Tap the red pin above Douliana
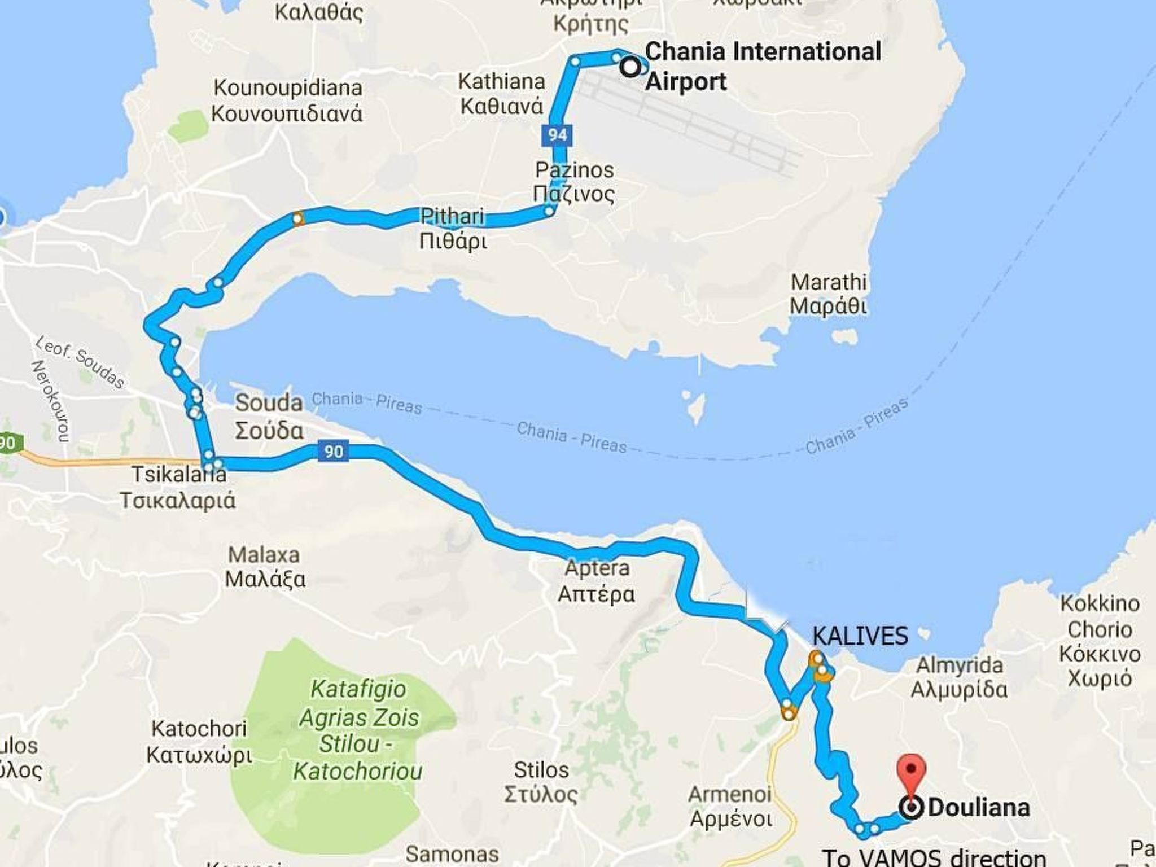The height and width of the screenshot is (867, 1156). pyautogui.click(x=910, y=771)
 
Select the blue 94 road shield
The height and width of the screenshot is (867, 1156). pyautogui.click(x=557, y=135)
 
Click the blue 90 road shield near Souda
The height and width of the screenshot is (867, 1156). pyautogui.click(x=333, y=452)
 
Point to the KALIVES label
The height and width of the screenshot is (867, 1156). pyautogui.click(x=860, y=636)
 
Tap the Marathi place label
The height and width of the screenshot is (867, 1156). pyautogui.click(x=828, y=294)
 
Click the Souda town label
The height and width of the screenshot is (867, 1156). pyautogui.click(x=269, y=417)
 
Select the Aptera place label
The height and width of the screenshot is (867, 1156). pyautogui.click(x=597, y=581)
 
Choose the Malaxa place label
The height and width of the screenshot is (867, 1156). pyautogui.click(x=265, y=567)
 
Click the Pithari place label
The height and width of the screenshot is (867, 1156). pyautogui.click(x=453, y=229)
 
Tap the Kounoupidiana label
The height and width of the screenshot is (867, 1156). pyautogui.click(x=287, y=100)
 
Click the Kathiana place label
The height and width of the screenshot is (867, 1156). pyautogui.click(x=501, y=94)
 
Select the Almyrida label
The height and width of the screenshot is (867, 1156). pyautogui.click(x=959, y=677)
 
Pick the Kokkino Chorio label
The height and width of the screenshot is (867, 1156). pyautogui.click(x=1100, y=640)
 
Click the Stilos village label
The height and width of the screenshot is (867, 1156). pyautogui.click(x=541, y=782)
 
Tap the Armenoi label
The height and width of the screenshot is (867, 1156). pyautogui.click(x=730, y=807)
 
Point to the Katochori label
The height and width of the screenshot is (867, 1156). pyautogui.click(x=199, y=741)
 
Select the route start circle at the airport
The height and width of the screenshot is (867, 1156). pyautogui.click(x=630, y=67)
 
